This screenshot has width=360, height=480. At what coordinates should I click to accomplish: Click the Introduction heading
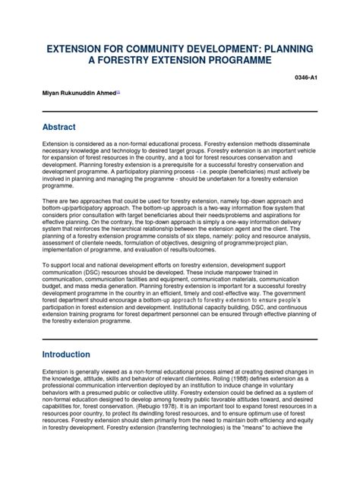click(71, 354)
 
